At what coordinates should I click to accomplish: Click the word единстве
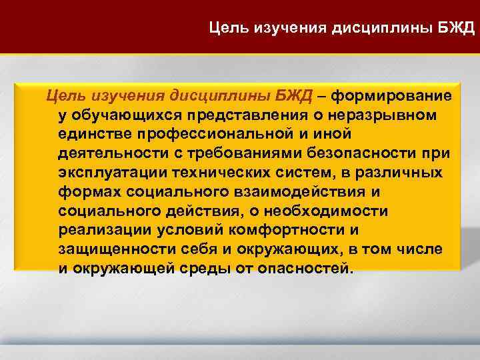coord(90,135)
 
